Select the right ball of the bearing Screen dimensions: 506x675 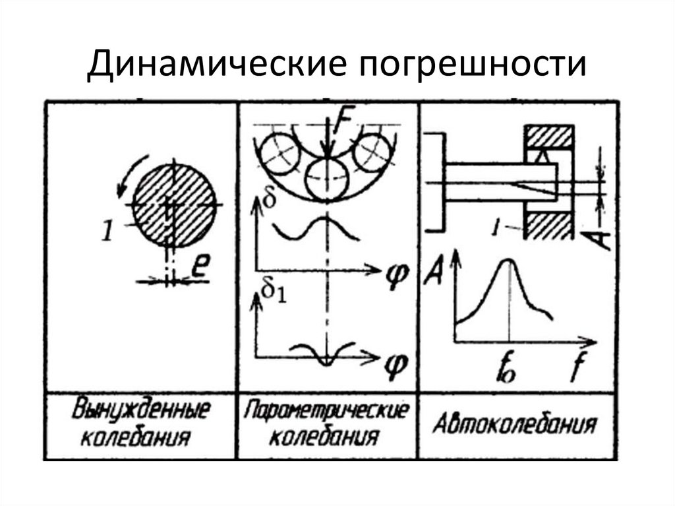[x=374, y=153]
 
